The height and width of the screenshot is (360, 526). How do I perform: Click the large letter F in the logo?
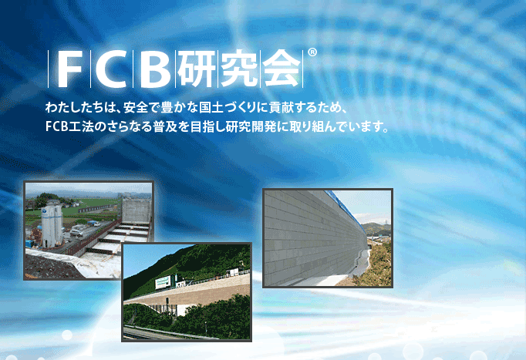click(x=69, y=69)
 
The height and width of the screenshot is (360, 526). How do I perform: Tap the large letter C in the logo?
click(x=111, y=69)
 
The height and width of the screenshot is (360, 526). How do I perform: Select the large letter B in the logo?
click(x=154, y=69)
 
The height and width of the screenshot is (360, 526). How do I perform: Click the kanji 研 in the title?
click(x=197, y=69)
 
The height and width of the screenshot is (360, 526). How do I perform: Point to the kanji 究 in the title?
click(x=239, y=69)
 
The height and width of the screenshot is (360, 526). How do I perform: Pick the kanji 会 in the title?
click(x=281, y=69)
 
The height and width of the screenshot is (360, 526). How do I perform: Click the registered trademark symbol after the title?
click(x=312, y=52)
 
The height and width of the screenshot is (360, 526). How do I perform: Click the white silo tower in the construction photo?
click(x=52, y=224)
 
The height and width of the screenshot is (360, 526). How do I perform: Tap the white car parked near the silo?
click(x=77, y=231)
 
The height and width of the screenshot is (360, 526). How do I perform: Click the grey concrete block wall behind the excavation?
click(x=136, y=210)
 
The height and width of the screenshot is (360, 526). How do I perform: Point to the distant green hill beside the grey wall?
click(x=377, y=229)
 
